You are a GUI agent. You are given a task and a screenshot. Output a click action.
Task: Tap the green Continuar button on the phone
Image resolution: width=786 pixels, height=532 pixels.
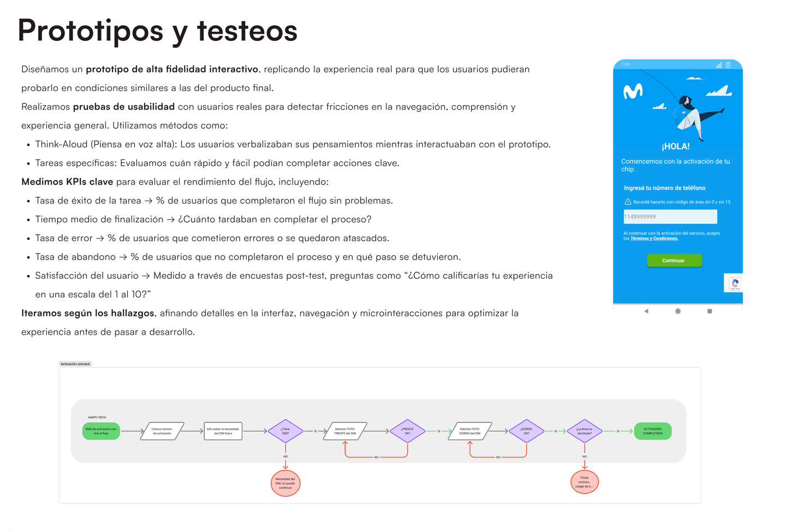(x=674, y=261)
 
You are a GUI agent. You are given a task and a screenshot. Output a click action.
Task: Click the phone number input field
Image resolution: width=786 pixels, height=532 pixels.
(x=670, y=217)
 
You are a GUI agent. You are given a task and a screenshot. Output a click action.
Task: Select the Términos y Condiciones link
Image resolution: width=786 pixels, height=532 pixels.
(x=654, y=238)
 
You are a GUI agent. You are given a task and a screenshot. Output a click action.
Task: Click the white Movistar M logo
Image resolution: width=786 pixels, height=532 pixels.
(x=633, y=92)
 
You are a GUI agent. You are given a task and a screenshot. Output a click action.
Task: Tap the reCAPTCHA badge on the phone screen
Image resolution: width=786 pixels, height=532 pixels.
(x=735, y=284)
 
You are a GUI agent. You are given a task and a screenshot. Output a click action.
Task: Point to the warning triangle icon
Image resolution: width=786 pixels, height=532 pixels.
(x=628, y=202)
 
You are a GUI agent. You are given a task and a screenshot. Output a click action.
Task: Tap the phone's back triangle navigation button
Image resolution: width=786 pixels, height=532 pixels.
(x=646, y=311)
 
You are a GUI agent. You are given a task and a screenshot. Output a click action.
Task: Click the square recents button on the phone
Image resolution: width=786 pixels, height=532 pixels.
(x=710, y=311)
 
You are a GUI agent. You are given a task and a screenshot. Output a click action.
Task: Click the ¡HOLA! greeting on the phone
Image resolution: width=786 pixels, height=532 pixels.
(x=675, y=146)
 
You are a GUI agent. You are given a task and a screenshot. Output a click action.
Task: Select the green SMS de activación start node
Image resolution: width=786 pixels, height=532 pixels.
(x=101, y=431)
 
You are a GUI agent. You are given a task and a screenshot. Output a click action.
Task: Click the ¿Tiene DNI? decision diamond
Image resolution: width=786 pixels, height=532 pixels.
(x=285, y=431)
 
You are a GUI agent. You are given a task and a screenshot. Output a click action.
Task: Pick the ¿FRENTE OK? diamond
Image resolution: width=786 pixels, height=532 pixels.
(x=407, y=431)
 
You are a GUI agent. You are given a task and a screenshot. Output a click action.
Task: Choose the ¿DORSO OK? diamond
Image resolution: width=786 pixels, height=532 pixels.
(x=526, y=431)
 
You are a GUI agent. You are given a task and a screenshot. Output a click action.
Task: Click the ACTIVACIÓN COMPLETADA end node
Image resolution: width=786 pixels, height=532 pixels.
(x=652, y=431)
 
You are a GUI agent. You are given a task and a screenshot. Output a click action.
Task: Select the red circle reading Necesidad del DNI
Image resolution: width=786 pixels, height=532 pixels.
(x=285, y=483)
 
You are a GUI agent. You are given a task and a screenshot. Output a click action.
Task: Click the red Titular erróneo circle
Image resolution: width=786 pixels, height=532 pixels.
(x=584, y=482)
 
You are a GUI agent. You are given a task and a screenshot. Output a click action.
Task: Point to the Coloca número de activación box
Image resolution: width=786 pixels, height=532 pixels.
(x=162, y=431)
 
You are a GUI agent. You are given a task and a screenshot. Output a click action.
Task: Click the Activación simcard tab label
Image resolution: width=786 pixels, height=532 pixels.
(x=75, y=364)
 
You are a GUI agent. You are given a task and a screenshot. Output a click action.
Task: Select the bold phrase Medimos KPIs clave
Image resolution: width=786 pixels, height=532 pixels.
(x=67, y=182)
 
